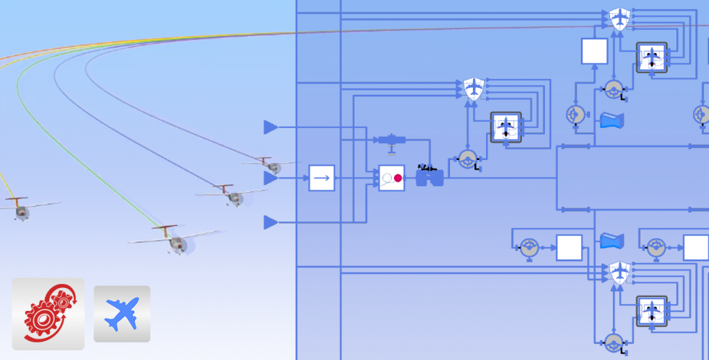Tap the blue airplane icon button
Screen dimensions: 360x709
[x=122, y=314]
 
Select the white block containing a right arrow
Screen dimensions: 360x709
[x=321, y=178]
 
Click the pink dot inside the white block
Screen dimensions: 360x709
[x=398, y=178]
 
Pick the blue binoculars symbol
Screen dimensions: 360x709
[x=429, y=178]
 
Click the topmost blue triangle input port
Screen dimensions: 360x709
[x=271, y=127]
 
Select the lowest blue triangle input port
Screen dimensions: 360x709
[x=271, y=222]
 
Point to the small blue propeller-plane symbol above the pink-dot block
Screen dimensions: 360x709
[x=392, y=141]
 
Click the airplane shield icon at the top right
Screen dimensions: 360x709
[x=618, y=19]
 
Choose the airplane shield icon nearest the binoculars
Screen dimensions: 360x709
[x=473, y=89]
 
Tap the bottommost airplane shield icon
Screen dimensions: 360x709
[x=618, y=272]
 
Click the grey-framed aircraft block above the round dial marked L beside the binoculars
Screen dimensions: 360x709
[x=506, y=127]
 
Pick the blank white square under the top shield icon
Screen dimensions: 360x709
[x=594, y=51]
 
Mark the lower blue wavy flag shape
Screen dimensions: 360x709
[x=612, y=242]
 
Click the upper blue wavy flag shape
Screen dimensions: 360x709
[x=612, y=121]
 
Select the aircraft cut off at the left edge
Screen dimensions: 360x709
[x=21, y=208]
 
